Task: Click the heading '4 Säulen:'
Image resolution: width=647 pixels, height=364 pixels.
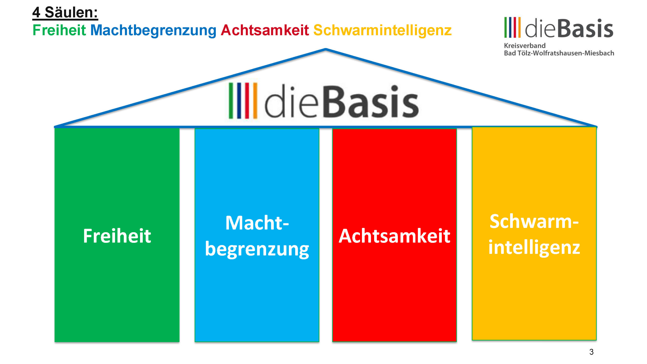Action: [x=65, y=12]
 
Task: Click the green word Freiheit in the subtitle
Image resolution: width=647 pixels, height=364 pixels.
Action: [x=59, y=30]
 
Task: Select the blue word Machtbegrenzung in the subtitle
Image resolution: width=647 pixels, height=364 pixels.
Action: [x=153, y=31]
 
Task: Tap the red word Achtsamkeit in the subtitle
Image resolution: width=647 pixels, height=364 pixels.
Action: [x=265, y=30]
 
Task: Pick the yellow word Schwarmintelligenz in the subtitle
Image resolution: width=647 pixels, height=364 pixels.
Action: [x=382, y=31]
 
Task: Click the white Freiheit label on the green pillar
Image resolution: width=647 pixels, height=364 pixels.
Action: [x=117, y=236]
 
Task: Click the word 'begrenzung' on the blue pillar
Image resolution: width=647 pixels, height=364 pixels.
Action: [x=257, y=249]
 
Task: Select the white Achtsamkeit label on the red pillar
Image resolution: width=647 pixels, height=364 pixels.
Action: [x=394, y=236]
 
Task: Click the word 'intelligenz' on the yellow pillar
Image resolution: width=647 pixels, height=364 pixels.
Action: [x=534, y=247]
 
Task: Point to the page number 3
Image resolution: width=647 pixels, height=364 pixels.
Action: [x=591, y=352]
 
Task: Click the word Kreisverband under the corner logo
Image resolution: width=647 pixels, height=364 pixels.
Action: [x=525, y=46]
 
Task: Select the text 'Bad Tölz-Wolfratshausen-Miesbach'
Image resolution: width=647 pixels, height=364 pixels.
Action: [x=559, y=53]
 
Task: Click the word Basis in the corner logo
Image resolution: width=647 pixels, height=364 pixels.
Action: [x=585, y=28]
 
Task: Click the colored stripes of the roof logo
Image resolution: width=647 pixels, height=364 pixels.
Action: [x=243, y=101]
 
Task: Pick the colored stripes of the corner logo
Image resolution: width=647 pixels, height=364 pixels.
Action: [x=512, y=27]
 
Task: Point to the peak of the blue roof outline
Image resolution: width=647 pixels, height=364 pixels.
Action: [x=326, y=49]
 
